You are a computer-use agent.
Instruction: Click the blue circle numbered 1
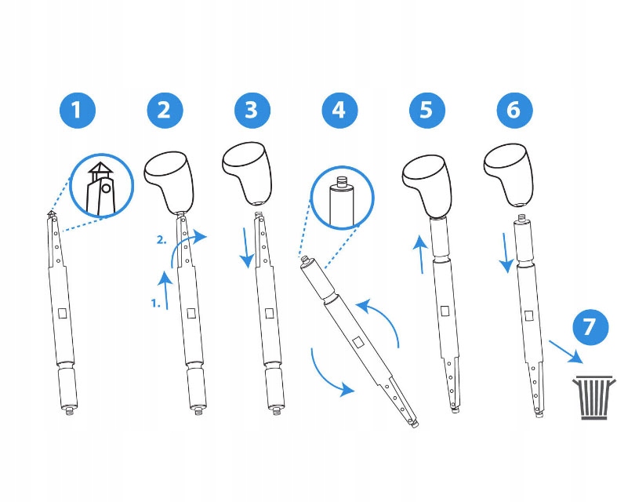pyautogui.click(x=78, y=110)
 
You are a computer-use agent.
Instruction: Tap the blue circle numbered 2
pyautogui.click(x=165, y=110)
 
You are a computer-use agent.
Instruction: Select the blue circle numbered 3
pyautogui.click(x=252, y=110)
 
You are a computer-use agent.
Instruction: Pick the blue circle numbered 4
pyautogui.click(x=339, y=110)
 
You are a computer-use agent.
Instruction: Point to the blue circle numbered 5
pyautogui.click(x=427, y=110)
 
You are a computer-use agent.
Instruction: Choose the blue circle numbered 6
pyautogui.click(x=514, y=110)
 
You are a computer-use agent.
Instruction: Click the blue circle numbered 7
pyautogui.click(x=590, y=327)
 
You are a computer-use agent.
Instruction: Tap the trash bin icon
pyautogui.click(x=593, y=397)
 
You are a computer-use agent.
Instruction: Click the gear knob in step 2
pyautogui.click(x=169, y=182)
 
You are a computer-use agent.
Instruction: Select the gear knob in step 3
pyautogui.click(x=248, y=173)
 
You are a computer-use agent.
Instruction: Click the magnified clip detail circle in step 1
pyautogui.click(x=101, y=185)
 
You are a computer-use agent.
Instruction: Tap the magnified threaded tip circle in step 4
pyautogui.click(x=343, y=197)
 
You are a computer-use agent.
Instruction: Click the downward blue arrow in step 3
pyautogui.click(x=247, y=247)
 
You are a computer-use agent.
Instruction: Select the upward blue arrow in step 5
pyautogui.click(x=421, y=254)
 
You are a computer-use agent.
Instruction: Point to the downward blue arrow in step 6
pyautogui.click(x=506, y=253)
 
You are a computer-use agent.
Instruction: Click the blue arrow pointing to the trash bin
pyautogui.click(x=566, y=351)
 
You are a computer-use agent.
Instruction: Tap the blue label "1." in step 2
pyautogui.click(x=156, y=304)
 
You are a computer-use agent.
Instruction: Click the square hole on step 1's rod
pyautogui.click(x=63, y=314)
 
